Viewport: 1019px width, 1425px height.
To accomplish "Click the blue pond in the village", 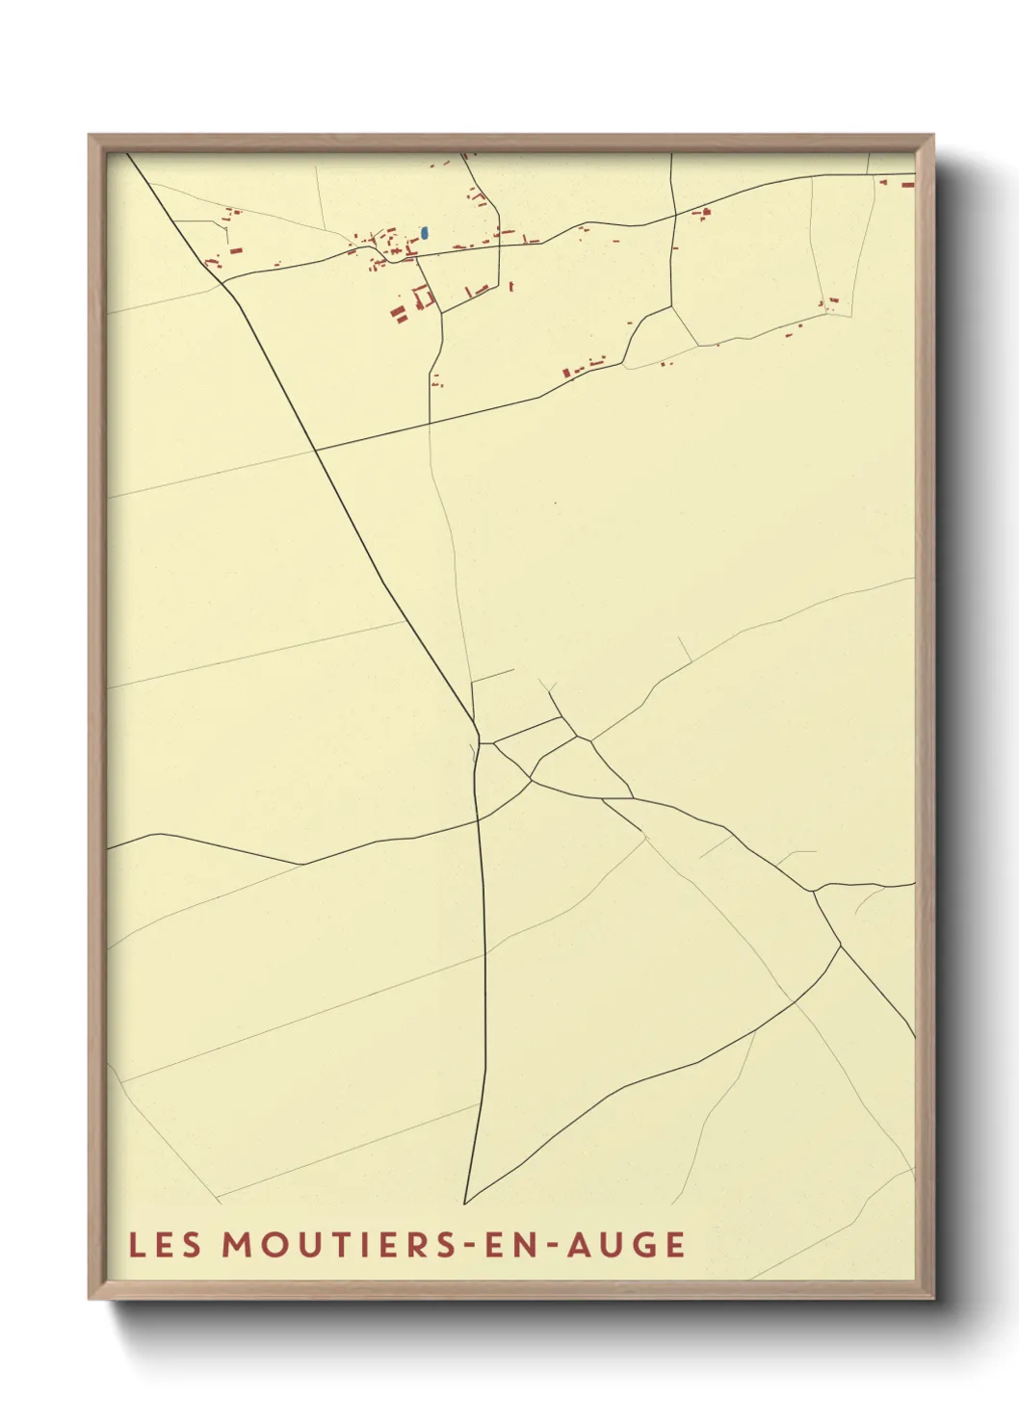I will click(425, 233).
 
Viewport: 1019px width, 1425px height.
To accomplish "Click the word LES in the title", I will click(165, 1245).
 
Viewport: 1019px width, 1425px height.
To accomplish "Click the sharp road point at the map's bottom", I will click(464, 1204).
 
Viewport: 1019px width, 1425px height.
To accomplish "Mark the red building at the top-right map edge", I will click(907, 182).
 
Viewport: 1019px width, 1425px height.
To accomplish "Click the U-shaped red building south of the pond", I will click(422, 297).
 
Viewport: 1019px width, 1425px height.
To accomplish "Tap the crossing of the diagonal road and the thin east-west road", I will click(315, 450).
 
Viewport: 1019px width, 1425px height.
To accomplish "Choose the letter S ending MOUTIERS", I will click(441, 1245).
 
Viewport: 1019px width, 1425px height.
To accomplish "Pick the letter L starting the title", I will click(136, 1245).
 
